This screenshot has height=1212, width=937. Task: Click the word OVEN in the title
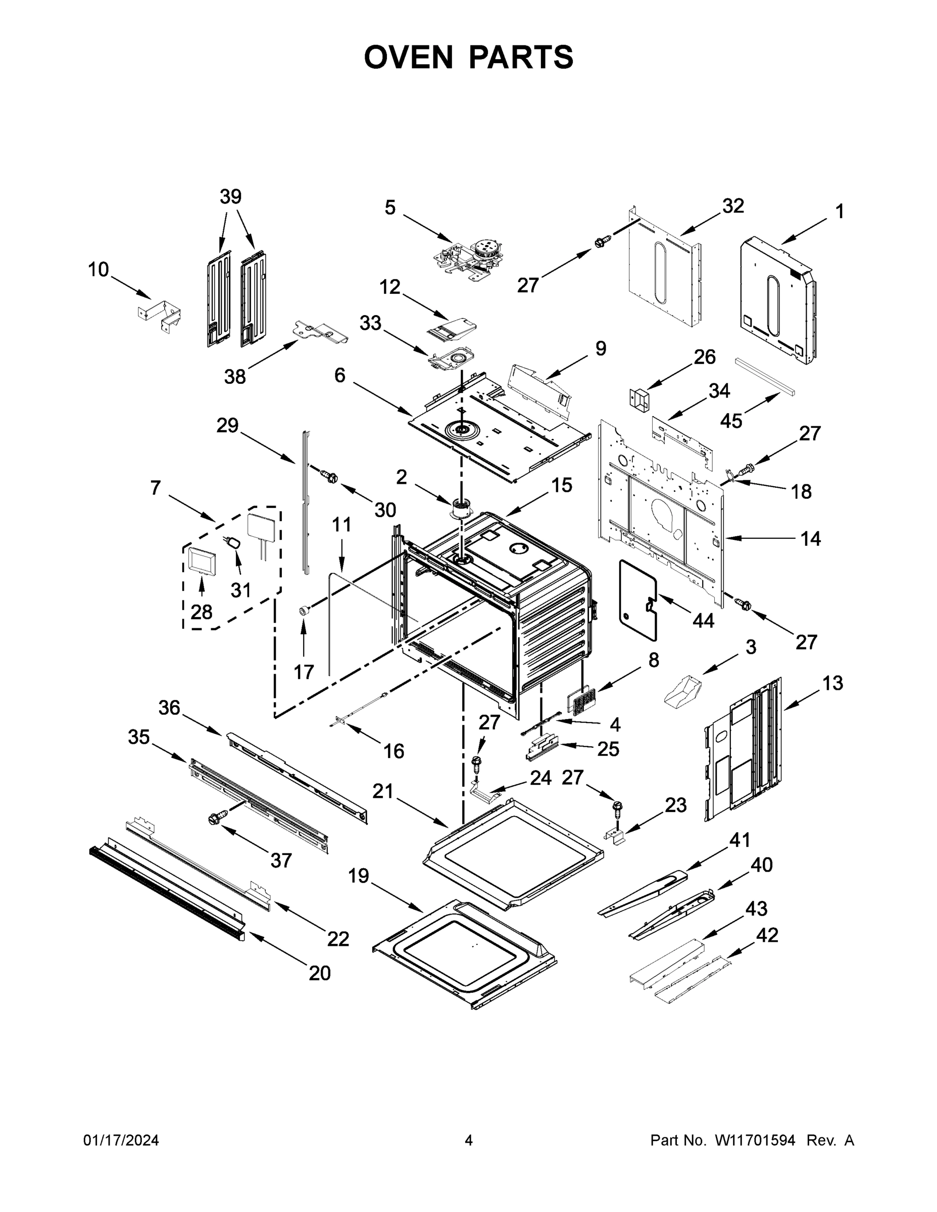(x=408, y=57)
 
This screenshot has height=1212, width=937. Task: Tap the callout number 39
(x=230, y=196)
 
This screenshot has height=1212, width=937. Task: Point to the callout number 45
(x=730, y=421)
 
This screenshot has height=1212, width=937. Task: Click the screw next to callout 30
(x=329, y=476)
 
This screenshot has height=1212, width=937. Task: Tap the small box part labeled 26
(x=639, y=400)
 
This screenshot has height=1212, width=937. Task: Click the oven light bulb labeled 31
(x=235, y=542)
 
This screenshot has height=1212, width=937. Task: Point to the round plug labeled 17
(x=304, y=611)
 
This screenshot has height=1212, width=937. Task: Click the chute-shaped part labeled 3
(x=683, y=691)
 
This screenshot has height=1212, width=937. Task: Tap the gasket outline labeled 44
(x=638, y=599)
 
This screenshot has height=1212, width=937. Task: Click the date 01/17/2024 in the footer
(x=121, y=1140)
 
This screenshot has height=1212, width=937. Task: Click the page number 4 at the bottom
(x=469, y=1140)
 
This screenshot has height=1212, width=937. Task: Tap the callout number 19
(x=358, y=876)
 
